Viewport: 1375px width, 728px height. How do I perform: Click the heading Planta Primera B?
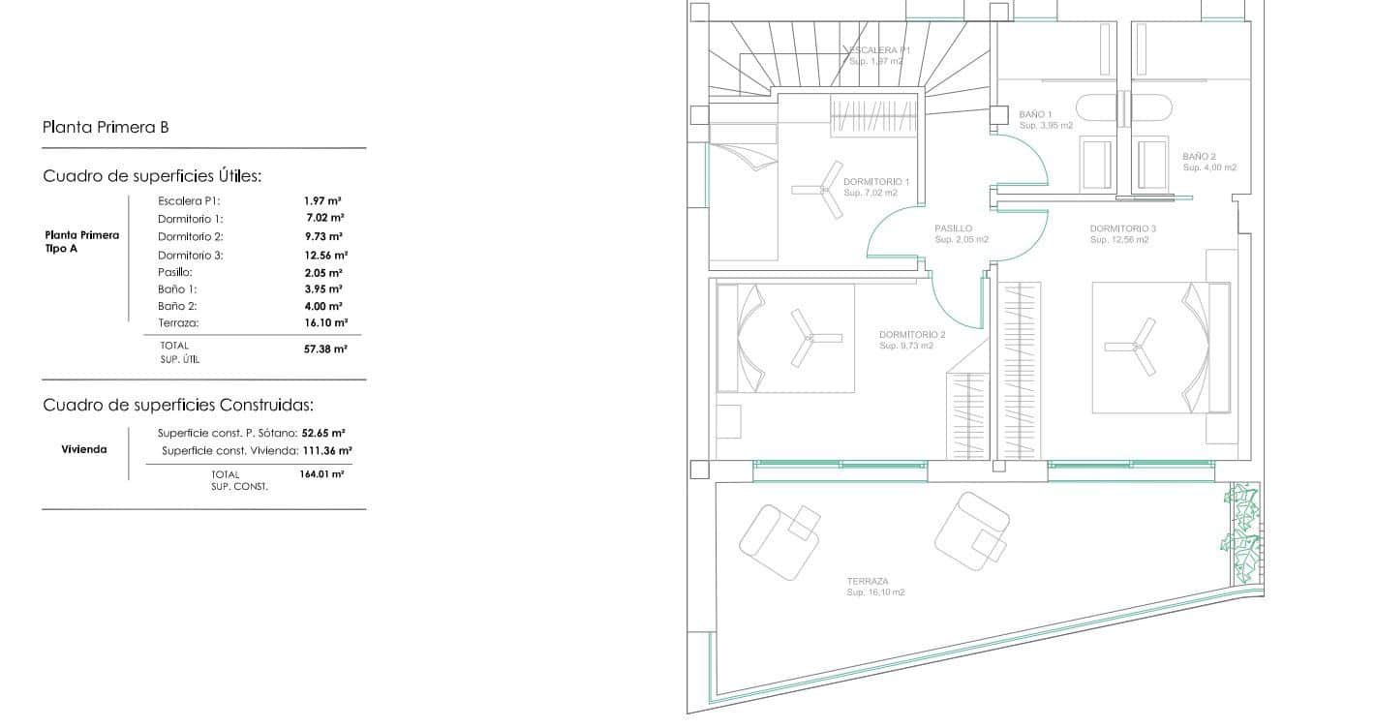point(106,127)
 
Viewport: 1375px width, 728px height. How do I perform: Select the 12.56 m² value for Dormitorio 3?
point(326,255)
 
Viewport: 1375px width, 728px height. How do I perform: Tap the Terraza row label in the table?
point(178,323)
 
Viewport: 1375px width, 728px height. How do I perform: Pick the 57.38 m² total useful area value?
point(325,349)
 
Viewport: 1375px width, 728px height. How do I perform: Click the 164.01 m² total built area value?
point(321,473)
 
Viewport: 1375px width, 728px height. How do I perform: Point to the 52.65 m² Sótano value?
point(323,433)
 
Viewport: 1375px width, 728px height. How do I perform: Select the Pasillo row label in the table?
point(175,272)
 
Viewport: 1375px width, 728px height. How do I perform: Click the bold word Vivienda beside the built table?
point(84,449)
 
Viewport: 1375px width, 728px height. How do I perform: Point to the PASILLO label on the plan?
point(953,228)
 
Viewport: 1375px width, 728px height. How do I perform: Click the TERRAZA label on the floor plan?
point(868,581)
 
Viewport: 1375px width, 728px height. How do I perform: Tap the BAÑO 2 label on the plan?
point(1200,157)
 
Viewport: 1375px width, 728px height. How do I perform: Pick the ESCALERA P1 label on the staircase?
point(879,49)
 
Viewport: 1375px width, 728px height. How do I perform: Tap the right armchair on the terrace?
point(972,531)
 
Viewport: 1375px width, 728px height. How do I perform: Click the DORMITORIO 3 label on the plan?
point(1122,228)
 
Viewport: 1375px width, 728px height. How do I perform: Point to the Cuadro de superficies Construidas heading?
point(178,405)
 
